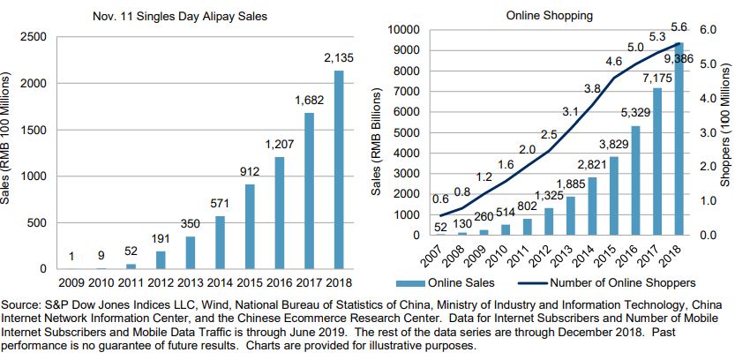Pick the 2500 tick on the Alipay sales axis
pos(34,37)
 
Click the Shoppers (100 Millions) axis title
pos(725,132)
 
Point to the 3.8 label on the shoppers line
pos(593,87)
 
